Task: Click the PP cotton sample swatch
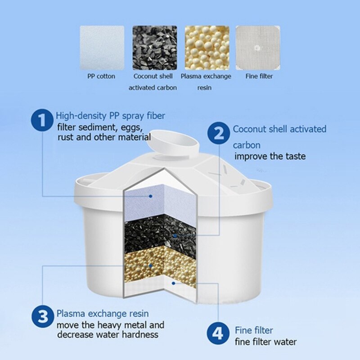tap(102, 47)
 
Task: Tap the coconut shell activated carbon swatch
tap(154, 47)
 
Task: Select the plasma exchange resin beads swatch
tap(207, 47)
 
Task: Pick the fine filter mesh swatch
tap(259, 47)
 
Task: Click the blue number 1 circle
tap(42, 121)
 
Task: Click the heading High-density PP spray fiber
tap(110, 116)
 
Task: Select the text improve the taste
tap(270, 156)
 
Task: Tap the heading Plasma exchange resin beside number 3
tap(103, 313)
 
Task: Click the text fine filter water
tap(266, 342)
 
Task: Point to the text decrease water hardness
tap(108, 334)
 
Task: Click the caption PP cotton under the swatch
tap(101, 76)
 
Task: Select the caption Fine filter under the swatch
tap(259, 76)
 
